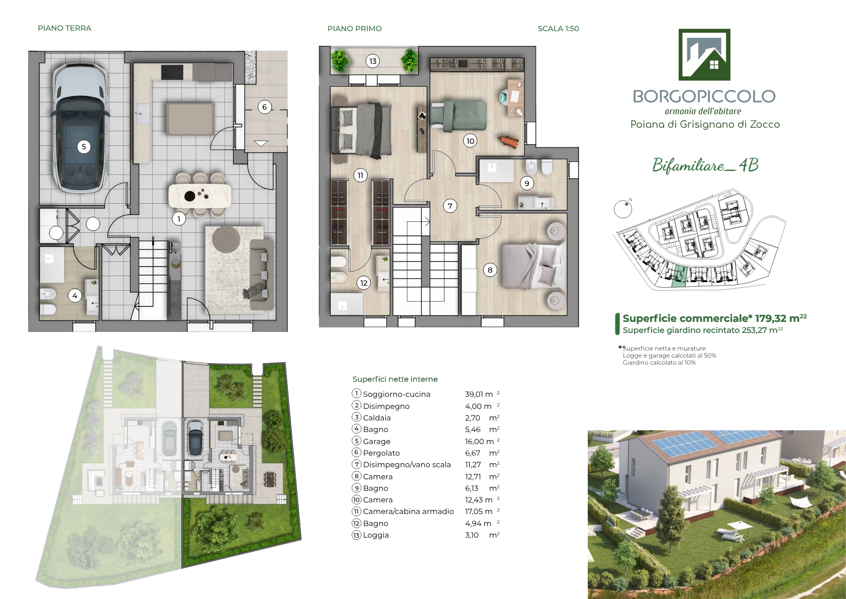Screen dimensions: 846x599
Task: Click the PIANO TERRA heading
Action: (65, 28)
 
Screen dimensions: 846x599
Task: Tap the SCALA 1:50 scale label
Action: (558, 29)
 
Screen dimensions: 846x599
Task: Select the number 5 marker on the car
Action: (84, 147)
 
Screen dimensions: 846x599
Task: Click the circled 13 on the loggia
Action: (373, 61)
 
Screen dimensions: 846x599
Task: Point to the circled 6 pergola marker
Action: (264, 107)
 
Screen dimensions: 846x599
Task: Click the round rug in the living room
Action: (226, 239)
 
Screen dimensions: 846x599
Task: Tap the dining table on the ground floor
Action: (200, 195)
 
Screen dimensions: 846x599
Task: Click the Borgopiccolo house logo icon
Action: (704, 54)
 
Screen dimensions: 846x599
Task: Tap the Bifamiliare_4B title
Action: (705, 165)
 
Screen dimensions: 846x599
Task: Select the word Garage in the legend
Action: (377, 441)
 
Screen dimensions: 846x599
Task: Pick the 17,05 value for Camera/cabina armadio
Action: (474, 511)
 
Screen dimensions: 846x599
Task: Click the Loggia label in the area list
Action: (376, 535)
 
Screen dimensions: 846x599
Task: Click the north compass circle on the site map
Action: (623, 209)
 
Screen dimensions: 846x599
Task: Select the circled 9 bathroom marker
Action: (527, 184)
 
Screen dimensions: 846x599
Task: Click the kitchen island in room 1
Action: (190, 118)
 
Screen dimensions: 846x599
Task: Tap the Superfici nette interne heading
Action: (395, 379)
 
